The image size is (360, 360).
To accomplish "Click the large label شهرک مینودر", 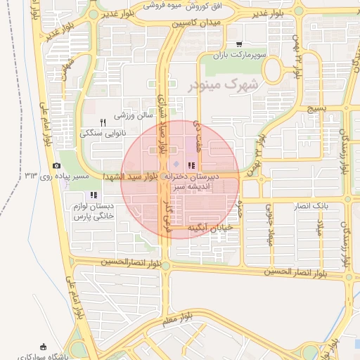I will [224, 84].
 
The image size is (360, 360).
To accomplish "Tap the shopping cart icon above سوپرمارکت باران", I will [240, 44].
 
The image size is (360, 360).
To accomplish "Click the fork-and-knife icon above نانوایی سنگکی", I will [103, 122].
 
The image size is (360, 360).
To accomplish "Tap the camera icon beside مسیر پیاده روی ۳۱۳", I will [56, 165].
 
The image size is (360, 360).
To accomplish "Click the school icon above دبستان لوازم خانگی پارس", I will [94, 195].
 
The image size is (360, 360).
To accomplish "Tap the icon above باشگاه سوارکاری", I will [44, 345].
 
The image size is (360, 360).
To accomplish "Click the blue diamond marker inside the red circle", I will [176, 165].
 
